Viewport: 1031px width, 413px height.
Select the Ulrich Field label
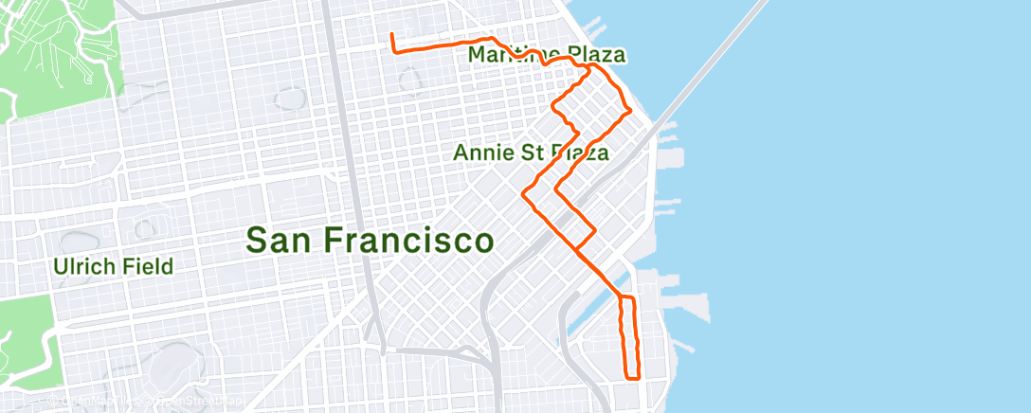coord(113,265)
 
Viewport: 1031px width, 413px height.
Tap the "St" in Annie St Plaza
coord(533,153)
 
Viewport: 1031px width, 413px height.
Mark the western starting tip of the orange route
coord(392,36)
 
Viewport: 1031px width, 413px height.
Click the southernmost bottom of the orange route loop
coord(633,377)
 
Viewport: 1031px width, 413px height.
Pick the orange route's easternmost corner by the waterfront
coord(629,111)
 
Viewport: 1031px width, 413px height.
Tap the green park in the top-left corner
coord(57,57)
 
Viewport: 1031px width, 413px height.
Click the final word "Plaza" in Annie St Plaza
coord(578,153)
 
